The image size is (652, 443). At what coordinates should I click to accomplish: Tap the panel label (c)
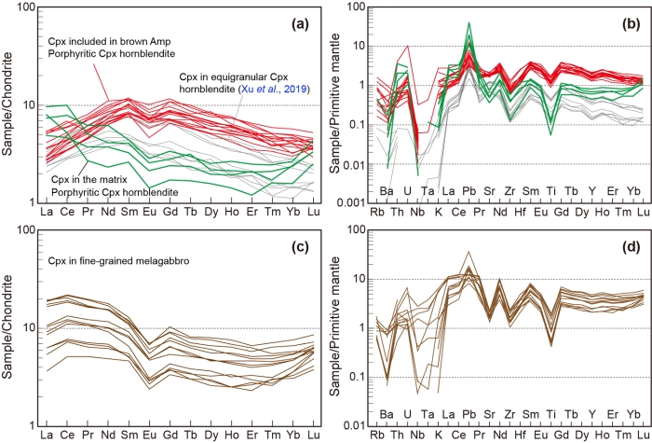click(291, 242)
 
